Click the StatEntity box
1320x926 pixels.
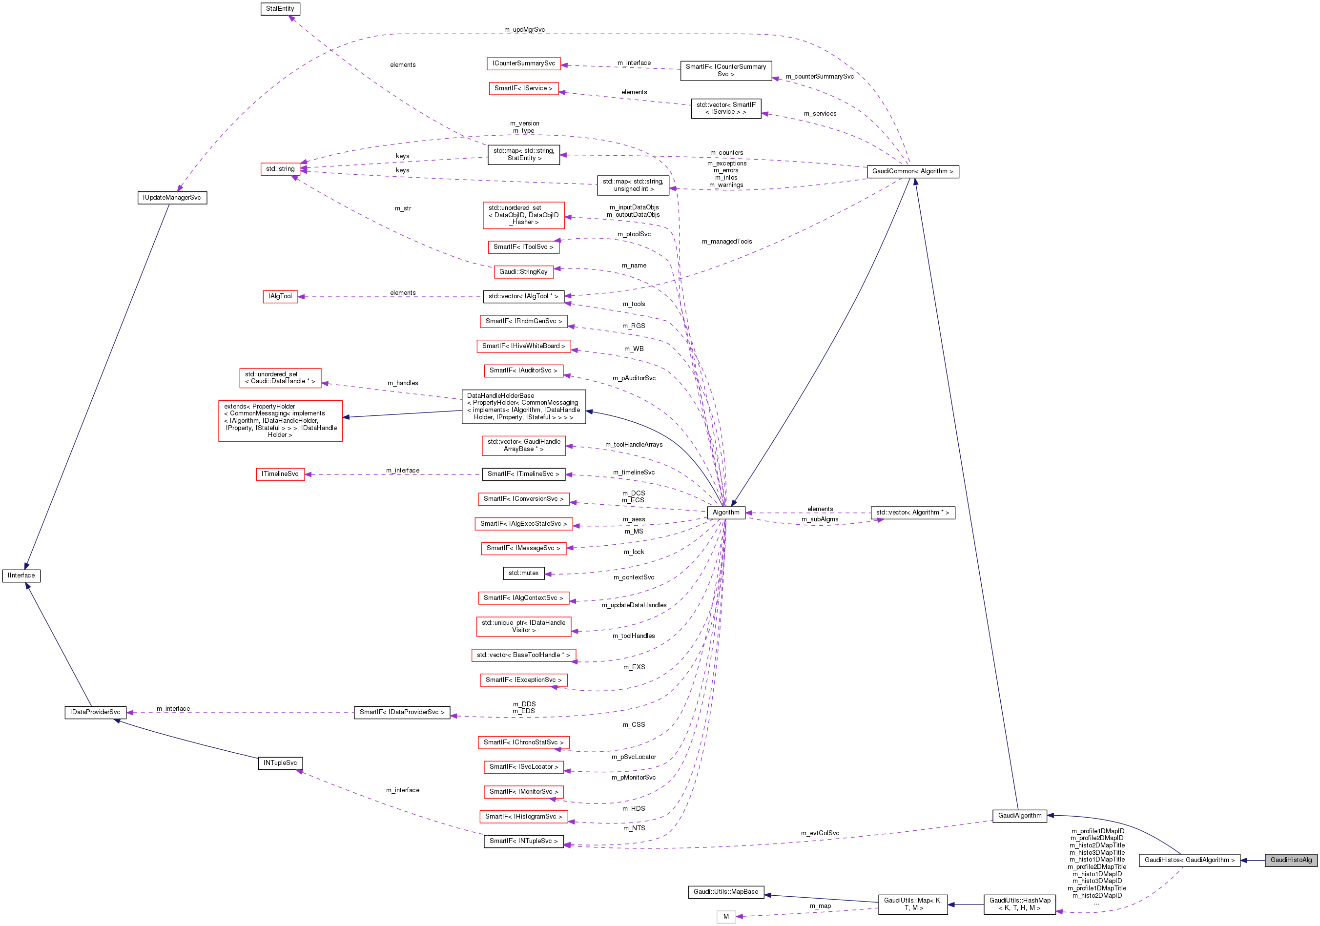coord(280,9)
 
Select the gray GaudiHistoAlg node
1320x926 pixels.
coord(1291,860)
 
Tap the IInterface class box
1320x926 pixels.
coord(21,576)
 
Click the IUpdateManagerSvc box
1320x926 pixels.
coord(172,198)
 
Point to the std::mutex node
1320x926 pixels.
coord(523,573)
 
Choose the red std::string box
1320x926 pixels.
coord(280,169)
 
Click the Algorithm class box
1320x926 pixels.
coord(725,513)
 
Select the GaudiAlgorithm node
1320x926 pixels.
coord(1019,816)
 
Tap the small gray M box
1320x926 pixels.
coord(725,917)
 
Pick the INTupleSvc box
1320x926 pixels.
coord(280,763)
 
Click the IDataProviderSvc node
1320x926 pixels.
coord(95,712)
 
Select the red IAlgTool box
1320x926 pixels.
coord(280,297)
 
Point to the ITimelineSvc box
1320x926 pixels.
coord(280,474)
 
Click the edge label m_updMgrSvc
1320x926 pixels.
coord(524,30)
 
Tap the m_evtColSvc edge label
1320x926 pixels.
coord(820,833)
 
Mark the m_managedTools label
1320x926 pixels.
coord(727,242)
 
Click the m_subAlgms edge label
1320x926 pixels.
coord(820,519)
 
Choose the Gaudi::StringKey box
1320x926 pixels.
coord(523,272)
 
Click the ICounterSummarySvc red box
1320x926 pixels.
coord(523,63)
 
